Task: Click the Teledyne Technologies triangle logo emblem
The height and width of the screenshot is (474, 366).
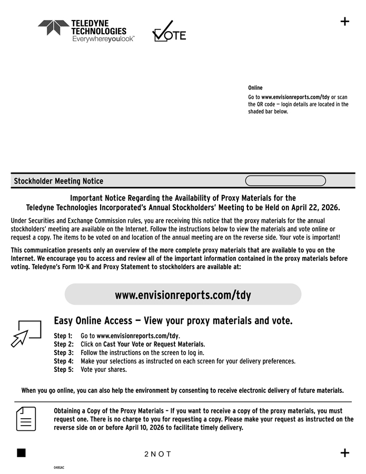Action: click(x=53, y=27)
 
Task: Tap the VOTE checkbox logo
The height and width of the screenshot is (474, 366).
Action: click(x=169, y=32)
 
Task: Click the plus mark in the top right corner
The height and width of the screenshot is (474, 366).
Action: click(x=345, y=21)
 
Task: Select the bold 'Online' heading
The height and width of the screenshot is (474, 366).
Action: click(x=255, y=88)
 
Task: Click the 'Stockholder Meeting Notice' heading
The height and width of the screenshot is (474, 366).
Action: click(x=58, y=181)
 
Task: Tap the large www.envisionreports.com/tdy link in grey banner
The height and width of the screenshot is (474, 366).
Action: click(x=183, y=295)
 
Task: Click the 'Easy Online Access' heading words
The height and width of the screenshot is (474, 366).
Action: click(x=95, y=321)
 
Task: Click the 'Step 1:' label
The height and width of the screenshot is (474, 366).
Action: click(x=63, y=336)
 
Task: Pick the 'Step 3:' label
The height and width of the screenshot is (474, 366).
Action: click(x=63, y=353)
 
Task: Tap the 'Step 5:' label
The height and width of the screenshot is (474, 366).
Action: click(x=63, y=370)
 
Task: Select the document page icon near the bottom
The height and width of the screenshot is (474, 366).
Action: click(x=26, y=419)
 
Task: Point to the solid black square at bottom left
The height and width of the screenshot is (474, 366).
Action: click(x=21, y=453)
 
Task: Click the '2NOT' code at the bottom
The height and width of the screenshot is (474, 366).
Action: click(x=157, y=454)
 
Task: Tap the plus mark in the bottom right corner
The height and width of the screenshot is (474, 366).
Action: click(x=345, y=453)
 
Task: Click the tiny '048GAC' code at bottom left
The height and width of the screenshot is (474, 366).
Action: click(x=58, y=468)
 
